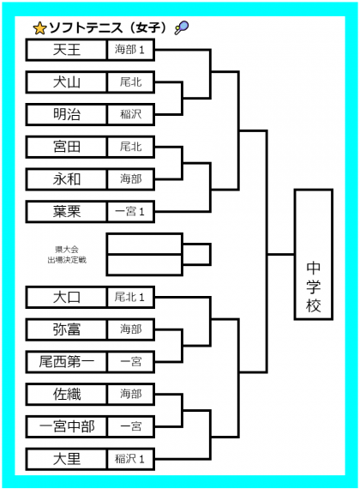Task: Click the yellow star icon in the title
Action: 39,28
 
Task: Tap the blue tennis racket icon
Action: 182,27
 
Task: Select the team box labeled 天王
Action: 66,50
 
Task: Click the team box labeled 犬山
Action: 66,82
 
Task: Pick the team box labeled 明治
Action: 66,114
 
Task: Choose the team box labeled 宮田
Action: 66,147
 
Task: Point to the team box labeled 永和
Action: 66,179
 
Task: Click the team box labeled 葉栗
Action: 66,212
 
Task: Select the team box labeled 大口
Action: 66,297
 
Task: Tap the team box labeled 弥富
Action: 66,329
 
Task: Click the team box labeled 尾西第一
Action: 66,362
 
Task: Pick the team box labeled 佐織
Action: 66,394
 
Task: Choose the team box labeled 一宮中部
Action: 66,426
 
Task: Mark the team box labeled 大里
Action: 66,459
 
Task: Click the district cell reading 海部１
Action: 130,50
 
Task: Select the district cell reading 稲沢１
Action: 130,459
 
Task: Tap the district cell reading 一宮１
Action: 130,212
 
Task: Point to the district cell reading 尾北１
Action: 130,297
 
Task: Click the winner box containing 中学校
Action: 314,255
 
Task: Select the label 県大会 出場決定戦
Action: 67,255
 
